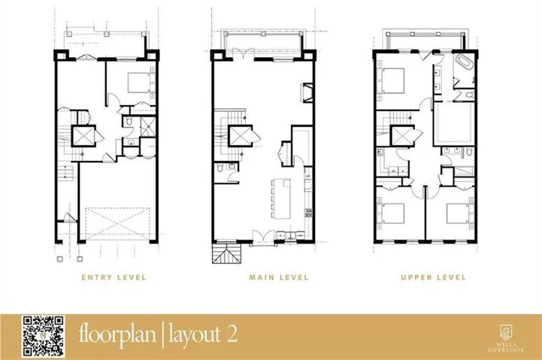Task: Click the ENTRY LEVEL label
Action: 114,277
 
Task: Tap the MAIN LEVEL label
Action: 279,277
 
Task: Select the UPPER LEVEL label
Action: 433,277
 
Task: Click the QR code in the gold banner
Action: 43,336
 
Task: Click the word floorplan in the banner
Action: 117,334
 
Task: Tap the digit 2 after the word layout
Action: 232,334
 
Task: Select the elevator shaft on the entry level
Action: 83,136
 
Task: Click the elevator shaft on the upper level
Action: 403,136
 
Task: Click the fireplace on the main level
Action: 307,93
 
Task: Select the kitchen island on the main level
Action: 281,198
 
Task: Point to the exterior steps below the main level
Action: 226,254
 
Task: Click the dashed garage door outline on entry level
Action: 117,223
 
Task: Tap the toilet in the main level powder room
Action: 220,168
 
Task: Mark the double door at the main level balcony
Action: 244,53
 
